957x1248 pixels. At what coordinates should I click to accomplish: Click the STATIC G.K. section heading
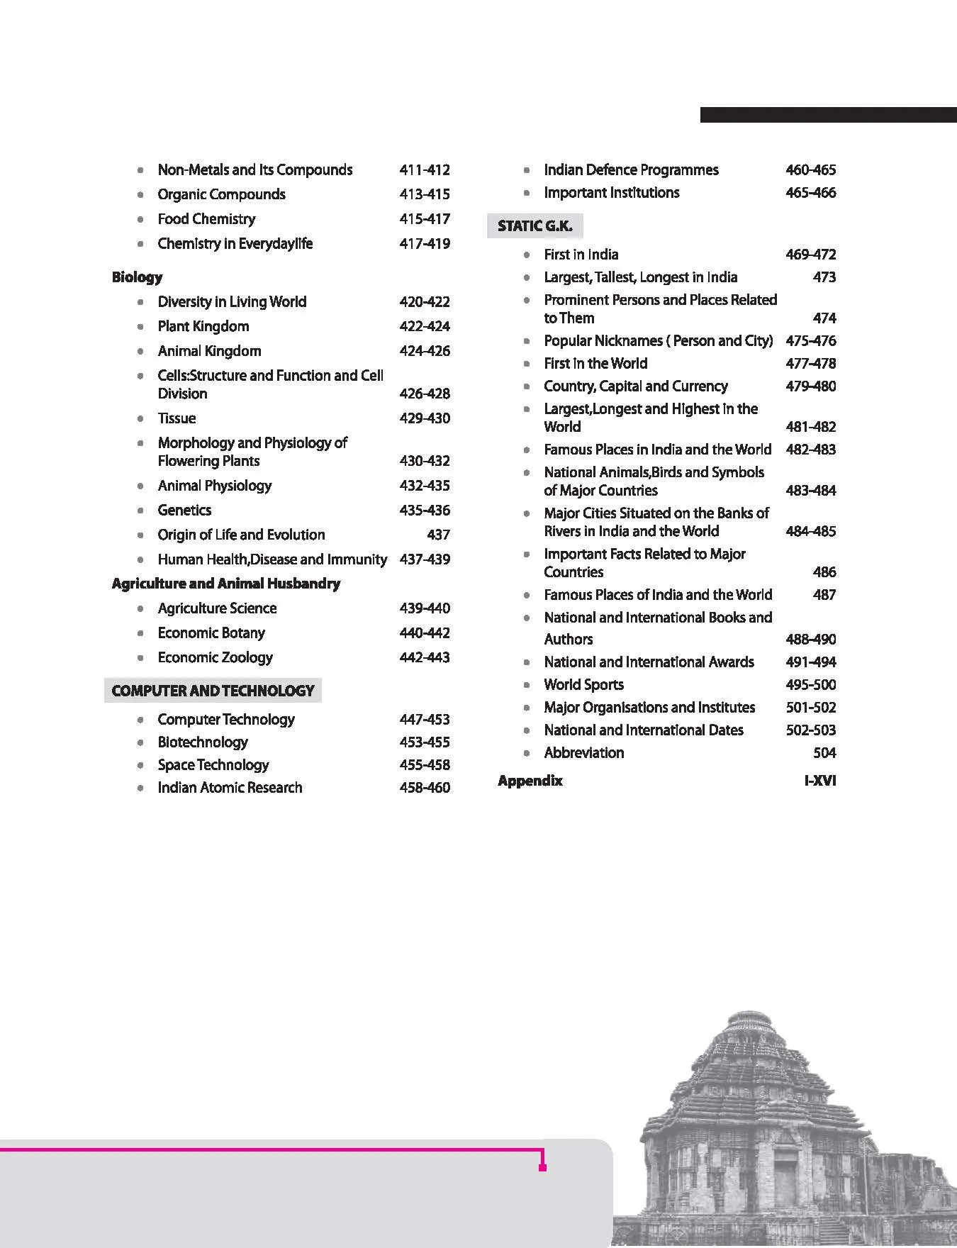(x=535, y=226)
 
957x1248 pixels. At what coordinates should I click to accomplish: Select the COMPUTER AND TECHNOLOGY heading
(x=213, y=691)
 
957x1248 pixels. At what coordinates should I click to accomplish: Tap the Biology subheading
(x=137, y=277)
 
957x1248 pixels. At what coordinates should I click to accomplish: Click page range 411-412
(x=425, y=170)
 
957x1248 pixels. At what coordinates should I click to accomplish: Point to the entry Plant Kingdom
(x=203, y=327)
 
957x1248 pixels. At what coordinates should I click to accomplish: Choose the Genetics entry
(x=184, y=511)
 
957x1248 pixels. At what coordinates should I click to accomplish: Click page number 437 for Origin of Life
(x=438, y=535)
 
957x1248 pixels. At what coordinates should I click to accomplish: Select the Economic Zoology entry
(x=215, y=658)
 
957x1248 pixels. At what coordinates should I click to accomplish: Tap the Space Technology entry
(x=213, y=765)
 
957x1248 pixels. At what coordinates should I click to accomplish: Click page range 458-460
(x=425, y=788)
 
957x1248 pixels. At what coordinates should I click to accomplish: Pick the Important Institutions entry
(x=611, y=193)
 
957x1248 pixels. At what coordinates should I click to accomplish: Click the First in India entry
(x=581, y=255)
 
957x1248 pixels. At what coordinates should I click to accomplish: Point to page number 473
(x=824, y=277)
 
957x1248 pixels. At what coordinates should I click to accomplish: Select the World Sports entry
(x=583, y=685)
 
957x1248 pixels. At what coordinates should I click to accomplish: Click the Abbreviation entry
(x=583, y=753)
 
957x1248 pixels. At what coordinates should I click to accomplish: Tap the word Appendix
(x=530, y=781)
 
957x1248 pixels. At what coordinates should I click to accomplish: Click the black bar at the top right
(x=828, y=115)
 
